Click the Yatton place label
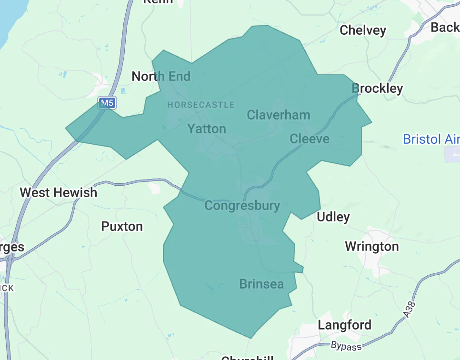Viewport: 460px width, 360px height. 207,129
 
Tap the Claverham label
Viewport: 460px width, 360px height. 279,115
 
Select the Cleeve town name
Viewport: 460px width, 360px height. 310,139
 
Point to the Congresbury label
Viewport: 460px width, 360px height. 242,206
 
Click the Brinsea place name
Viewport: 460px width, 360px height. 261,284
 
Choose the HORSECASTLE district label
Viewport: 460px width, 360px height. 201,105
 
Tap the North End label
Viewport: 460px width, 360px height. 161,76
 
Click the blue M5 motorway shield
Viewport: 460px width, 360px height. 107,102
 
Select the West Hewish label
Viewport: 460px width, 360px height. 58,193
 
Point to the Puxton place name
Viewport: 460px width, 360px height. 122,226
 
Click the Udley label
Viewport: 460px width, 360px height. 333,217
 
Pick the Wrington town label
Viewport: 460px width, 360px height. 372,247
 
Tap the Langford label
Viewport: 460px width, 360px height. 345,325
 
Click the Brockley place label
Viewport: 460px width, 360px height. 377,88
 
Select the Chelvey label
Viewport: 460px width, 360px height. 363,30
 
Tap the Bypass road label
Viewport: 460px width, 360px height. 346,346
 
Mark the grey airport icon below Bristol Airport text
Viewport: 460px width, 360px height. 452,154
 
